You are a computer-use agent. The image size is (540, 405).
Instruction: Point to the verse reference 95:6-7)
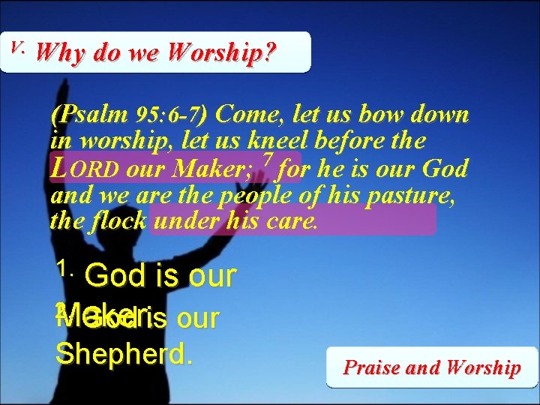point(174,116)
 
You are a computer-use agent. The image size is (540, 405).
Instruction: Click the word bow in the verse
point(388,115)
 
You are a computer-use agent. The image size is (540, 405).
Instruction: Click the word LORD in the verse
point(84,169)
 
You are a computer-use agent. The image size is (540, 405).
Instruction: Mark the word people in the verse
point(257,196)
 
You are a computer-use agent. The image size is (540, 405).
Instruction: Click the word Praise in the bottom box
point(371,367)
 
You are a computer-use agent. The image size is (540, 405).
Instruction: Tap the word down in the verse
point(442,115)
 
